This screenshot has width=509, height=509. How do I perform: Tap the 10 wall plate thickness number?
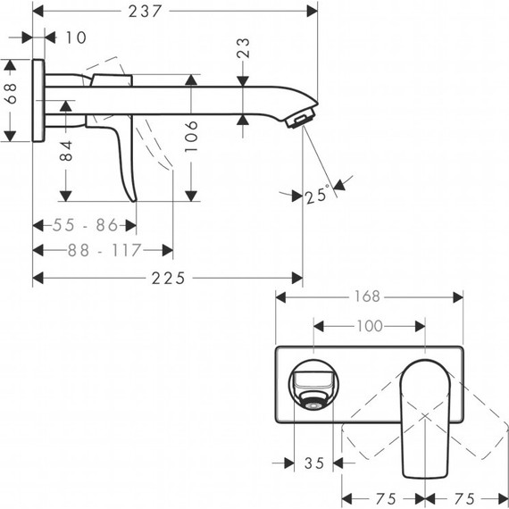[x=76, y=38]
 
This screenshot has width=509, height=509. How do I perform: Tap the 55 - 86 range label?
[x=87, y=224]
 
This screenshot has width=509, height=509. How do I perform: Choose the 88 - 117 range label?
[x=104, y=251]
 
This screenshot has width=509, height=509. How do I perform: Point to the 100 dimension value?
[x=371, y=326]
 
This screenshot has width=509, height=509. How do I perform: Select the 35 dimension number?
[x=313, y=463]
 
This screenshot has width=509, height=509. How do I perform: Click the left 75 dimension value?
[x=384, y=497]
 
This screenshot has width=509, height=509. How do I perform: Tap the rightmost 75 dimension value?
[x=464, y=497]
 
